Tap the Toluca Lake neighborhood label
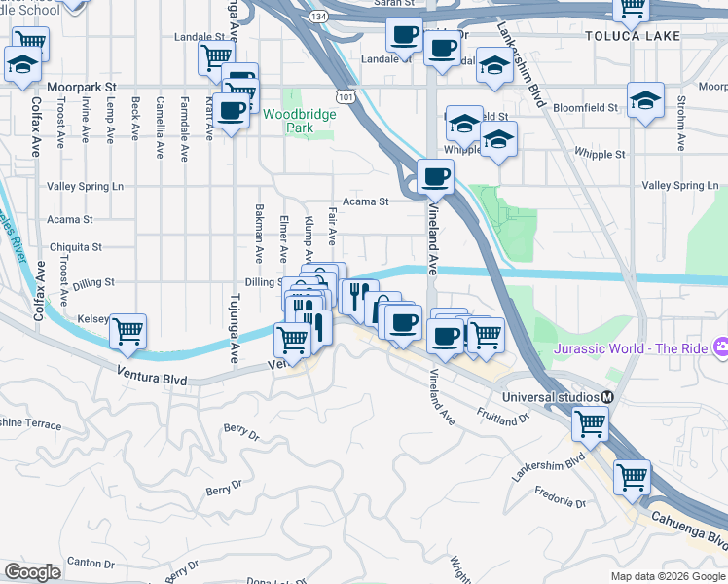[x=626, y=36]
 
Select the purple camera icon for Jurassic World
[x=721, y=347]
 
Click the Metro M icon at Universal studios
[x=606, y=397]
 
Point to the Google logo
[x=32, y=572]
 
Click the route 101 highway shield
[x=346, y=95]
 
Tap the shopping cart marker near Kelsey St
[x=127, y=331]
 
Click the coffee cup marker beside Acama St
[x=435, y=176]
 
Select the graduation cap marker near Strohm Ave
[x=645, y=100]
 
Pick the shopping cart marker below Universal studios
[x=589, y=423]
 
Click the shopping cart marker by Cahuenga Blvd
[x=632, y=476]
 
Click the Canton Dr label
[x=91, y=562]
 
